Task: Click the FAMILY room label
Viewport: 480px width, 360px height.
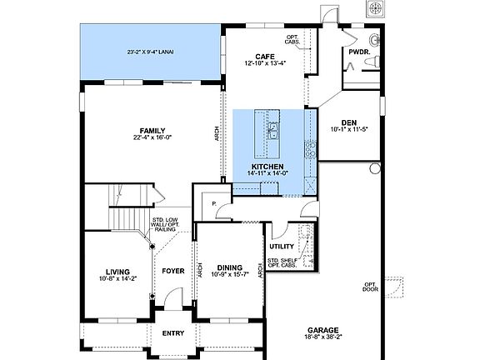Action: coord(152,131)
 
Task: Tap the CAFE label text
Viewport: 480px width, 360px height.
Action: coord(266,57)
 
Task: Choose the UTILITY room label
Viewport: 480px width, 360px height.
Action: coord(281,247)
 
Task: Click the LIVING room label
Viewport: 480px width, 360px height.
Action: coord(117,271)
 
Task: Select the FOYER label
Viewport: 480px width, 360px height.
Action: coord(172,271)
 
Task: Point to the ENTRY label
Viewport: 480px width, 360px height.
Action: coord(172,332)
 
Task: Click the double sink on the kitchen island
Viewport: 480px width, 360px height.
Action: coord(272,132)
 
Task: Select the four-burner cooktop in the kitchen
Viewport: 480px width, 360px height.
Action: coord(310,150)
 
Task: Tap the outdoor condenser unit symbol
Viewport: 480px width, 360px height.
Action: coord(377,7)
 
